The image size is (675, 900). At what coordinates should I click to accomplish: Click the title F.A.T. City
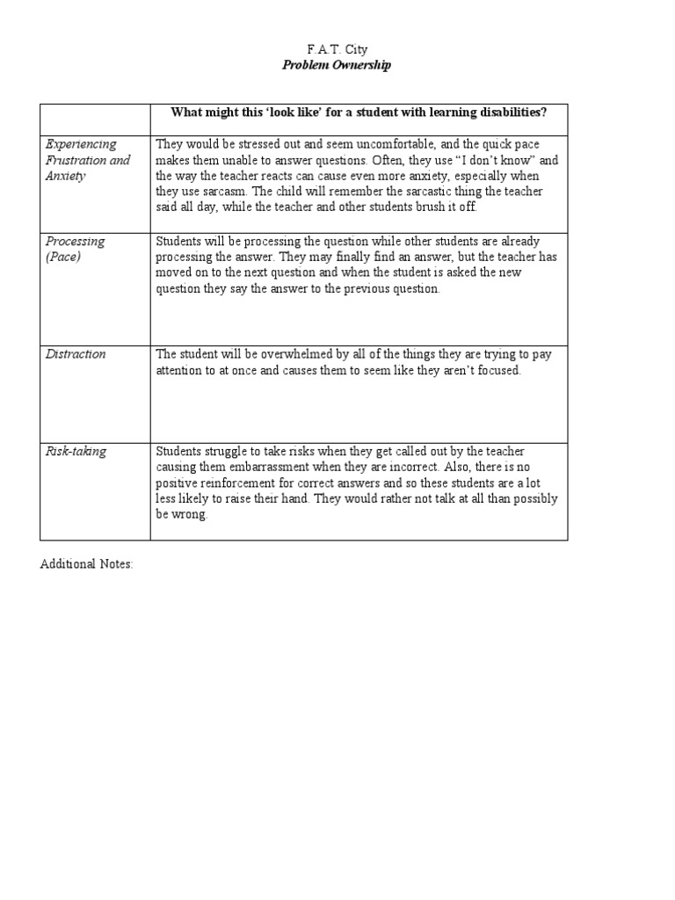(337, 49)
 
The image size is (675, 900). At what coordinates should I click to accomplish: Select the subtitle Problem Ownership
(337, 65)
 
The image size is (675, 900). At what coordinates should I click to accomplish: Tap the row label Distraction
(76, 354)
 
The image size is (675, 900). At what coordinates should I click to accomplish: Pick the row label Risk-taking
(76, 451)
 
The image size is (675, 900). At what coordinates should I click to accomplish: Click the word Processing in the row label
(75, 241)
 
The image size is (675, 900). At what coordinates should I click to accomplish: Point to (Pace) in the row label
(62, 257)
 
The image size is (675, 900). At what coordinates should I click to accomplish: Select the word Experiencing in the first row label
(81, 144)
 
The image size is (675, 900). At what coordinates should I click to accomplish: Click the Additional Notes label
(86, 564)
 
